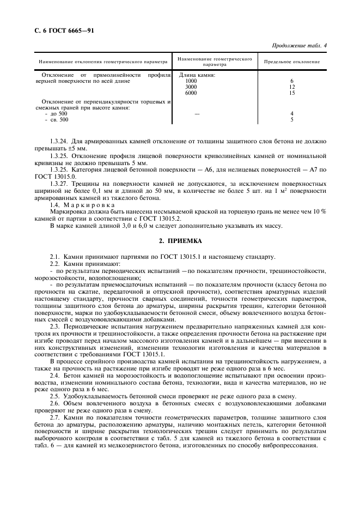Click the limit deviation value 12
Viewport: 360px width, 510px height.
[291, 87]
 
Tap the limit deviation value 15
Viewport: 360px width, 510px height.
[291, 93]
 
